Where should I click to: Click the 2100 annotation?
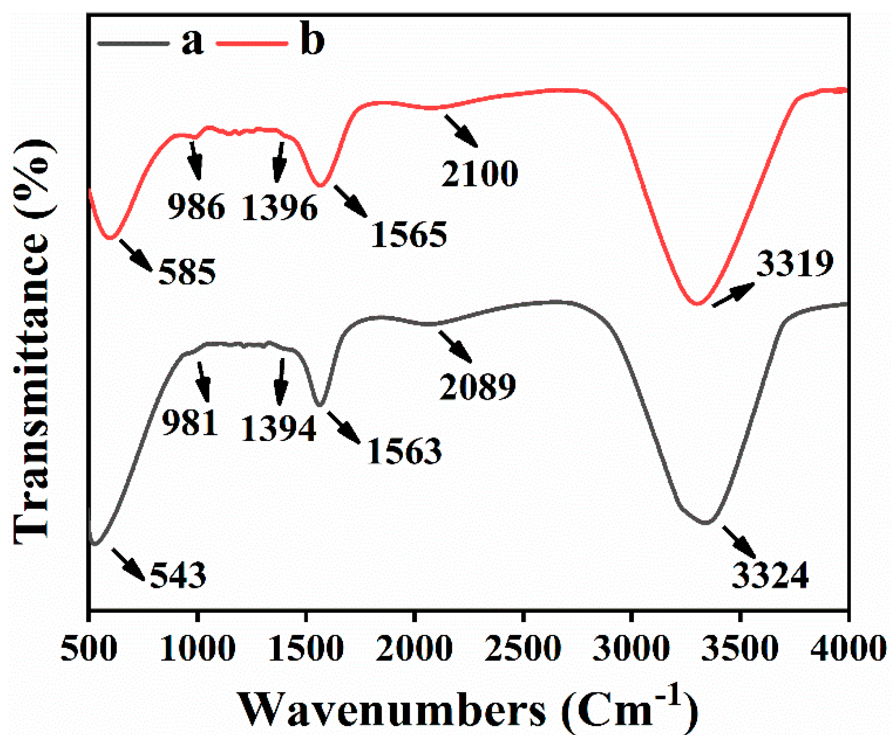tap(479, 174)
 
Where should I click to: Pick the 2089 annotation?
tap(477, 386)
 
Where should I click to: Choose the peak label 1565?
tap(409, 235)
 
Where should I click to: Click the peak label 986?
tap(196, 207)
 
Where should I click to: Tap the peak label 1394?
tap(279, 429)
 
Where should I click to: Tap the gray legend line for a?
tap(133, 43)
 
